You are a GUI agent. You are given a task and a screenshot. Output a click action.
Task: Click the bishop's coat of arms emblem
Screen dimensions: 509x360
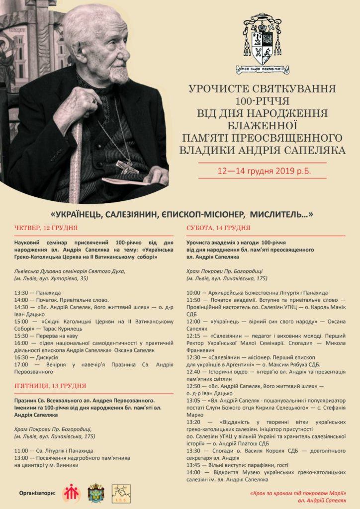tap(262, 42)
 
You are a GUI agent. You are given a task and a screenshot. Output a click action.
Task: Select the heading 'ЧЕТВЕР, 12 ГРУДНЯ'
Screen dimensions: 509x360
tap(46, 228)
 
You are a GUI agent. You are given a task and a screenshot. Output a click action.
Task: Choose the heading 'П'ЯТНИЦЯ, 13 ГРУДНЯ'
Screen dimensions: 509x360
tap(50, 385)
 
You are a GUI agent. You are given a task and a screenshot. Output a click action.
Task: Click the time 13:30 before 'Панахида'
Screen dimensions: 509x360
tap(22, 293)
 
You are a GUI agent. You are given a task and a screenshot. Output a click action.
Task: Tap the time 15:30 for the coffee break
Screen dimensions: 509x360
tap(22, 336)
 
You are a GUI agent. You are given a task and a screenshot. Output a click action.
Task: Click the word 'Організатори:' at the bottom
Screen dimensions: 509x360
tap(38, 494)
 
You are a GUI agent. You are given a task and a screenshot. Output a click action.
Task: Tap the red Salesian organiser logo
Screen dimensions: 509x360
tap(71, 493)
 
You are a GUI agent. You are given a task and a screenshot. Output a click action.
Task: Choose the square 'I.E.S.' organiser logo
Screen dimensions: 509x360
tap(121, 493)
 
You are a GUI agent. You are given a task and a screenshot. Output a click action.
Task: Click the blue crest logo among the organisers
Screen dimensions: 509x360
tap(95, 493)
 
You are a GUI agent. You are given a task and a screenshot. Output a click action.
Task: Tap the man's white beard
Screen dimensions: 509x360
tap(119, 75)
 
